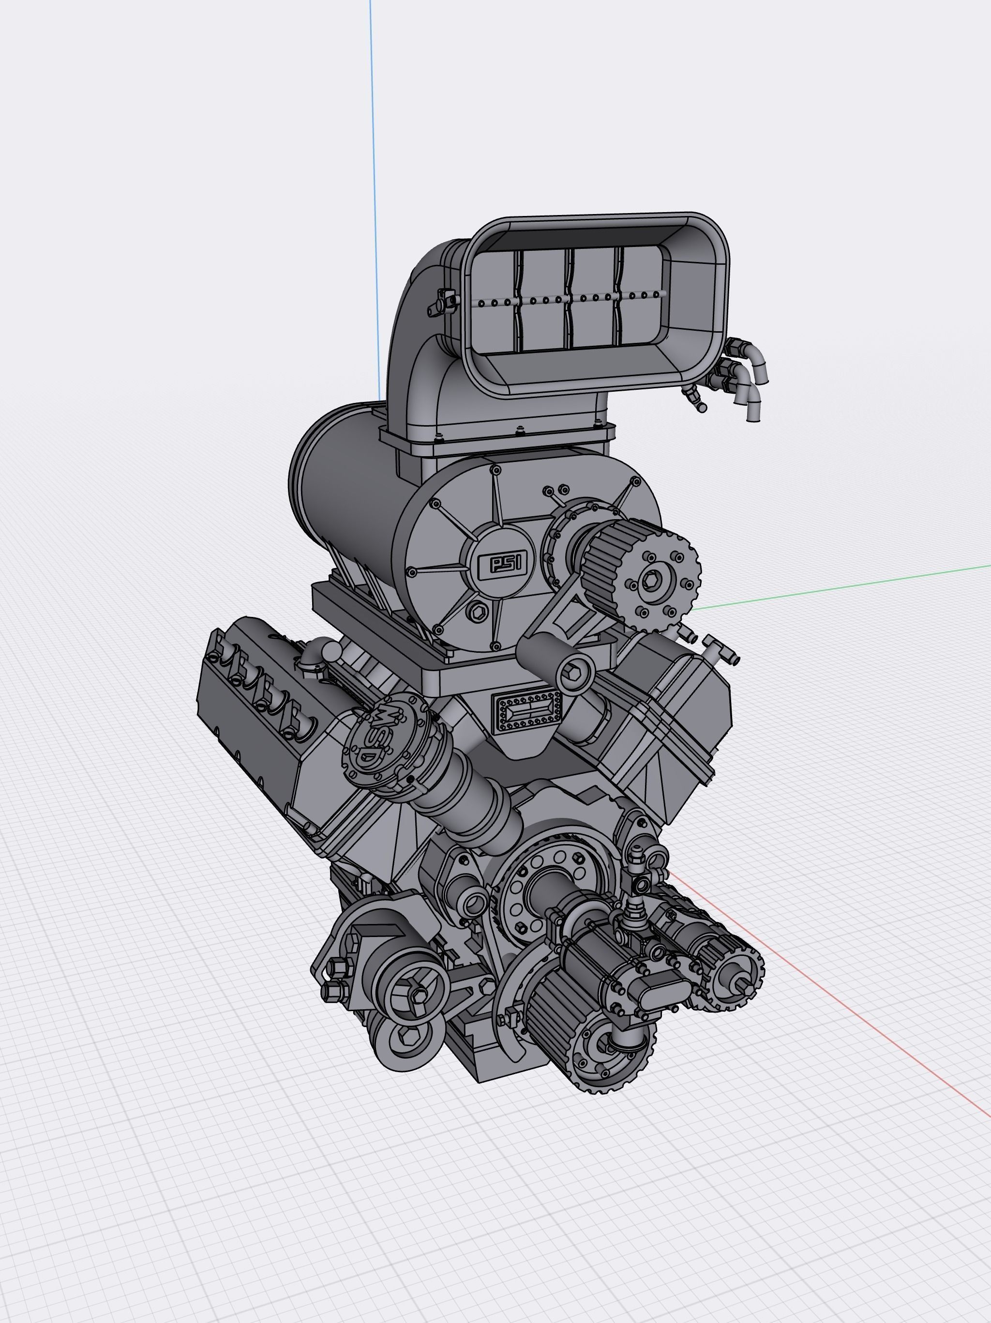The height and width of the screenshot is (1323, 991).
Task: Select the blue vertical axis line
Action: point(374,180)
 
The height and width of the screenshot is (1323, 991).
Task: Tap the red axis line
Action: point(867,1017)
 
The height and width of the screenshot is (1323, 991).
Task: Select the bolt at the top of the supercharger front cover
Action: point(495,470)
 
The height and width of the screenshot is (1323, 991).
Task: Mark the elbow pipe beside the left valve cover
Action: point(315,654)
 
